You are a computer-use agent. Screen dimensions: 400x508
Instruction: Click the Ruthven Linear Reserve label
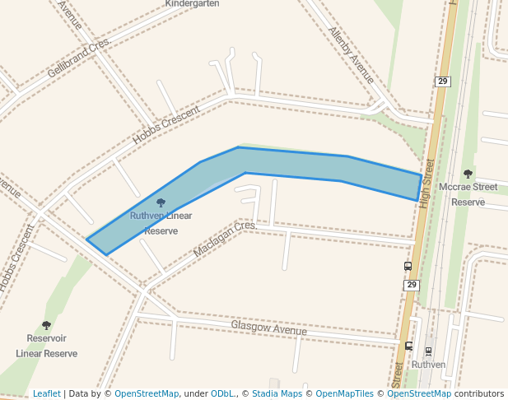(x=161, y=223)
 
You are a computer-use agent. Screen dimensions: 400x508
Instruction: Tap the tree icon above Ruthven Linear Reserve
(x=161, y=202)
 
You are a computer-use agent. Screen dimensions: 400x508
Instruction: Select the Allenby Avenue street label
(x=352, y=54)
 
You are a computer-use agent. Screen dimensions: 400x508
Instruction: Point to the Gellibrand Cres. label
(x=78, y=58)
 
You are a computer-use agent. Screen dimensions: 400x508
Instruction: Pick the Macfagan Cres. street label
(x=225, y=238)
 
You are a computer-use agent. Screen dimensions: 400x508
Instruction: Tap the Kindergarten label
(x=192, y=4)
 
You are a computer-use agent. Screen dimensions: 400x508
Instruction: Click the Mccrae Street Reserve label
(x=468, y=194)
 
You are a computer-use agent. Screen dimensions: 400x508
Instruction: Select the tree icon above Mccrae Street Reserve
(x=468, y=174)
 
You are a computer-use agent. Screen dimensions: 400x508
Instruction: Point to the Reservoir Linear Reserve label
(x=46, y=346)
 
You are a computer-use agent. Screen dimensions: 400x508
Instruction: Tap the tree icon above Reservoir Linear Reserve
(x=46, y=326)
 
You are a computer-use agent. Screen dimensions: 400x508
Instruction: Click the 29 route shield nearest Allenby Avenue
(x=443, y=81)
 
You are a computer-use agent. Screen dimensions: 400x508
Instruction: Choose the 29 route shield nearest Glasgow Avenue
(x=412, y=285)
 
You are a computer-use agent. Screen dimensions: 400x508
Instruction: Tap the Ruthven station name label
(x=428, y=364)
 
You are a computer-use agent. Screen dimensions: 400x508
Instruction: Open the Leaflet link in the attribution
(x=47, y=393)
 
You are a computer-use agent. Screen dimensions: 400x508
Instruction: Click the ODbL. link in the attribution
(x=222, y=393)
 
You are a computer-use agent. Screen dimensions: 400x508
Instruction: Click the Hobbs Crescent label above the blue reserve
(x=166, y=125)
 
